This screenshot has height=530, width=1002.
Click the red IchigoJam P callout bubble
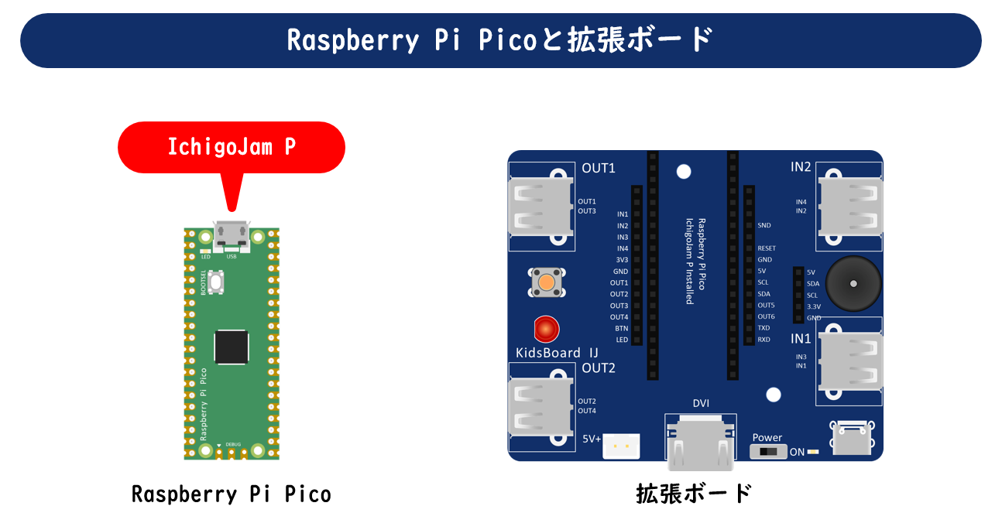(231, 147)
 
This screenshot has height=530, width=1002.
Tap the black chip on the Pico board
(232, 347)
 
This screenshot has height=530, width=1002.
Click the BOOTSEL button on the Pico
(218, 282)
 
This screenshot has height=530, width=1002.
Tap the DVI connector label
(701, 403)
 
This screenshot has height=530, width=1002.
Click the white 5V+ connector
(621, 446)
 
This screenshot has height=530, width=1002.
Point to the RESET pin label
(766, 248)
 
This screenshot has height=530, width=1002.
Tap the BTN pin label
(621, 328)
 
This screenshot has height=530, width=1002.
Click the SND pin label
(764, 225)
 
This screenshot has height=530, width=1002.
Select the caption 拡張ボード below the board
(694, 494)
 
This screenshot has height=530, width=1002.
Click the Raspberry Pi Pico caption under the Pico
(231, 494)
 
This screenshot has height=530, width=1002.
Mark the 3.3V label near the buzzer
(814, 306)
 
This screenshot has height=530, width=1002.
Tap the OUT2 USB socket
(540, 406)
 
